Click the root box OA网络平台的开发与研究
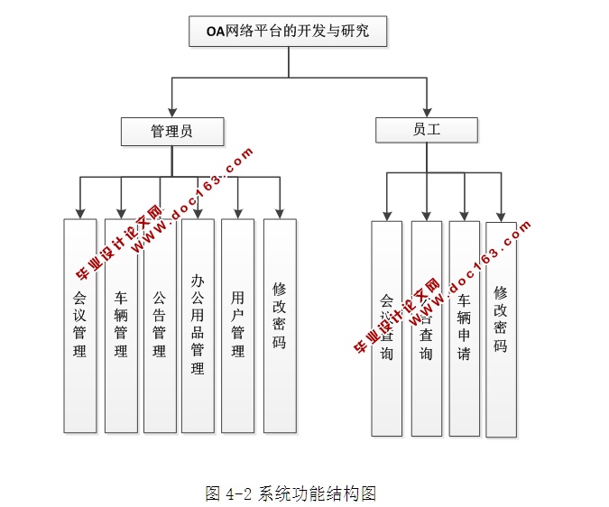(x=288, y=33)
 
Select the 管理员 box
(x=171, y=132)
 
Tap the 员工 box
(x=427, y=130)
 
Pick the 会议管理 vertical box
(x=79, y=325)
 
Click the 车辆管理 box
(x=121, y=325)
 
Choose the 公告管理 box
(x=160, y=325)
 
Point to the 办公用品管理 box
(x=198, y=325)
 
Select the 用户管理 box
(x=237, y=325)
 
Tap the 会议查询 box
(x=387, y=328)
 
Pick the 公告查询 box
(x=426, y=328)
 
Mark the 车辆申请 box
(x=464, y=328)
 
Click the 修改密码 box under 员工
(x=501, y=328)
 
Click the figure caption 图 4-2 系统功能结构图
(x=290, y=493)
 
